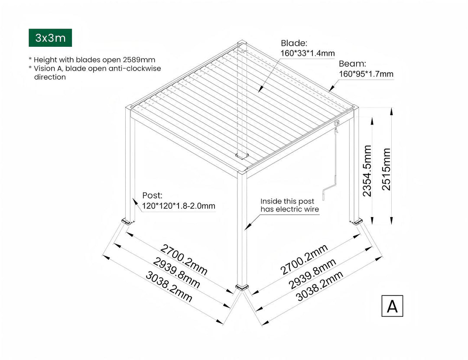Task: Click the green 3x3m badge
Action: coord(50,38)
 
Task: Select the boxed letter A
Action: coord(392,306)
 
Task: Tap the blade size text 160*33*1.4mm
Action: coord(308,53)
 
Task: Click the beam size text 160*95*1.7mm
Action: coord(366,74)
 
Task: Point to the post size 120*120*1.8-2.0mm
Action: coord(179,206)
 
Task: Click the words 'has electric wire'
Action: coord(289,210)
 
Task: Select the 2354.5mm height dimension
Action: coord(367,171)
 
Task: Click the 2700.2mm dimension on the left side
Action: coord(184,259)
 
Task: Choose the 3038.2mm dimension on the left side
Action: coord(169,286)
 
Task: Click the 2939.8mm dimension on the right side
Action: coord(312,273)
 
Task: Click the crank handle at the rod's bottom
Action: coord(328,191)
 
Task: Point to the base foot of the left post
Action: coord(127,221)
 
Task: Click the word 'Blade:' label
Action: coord(294,43)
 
